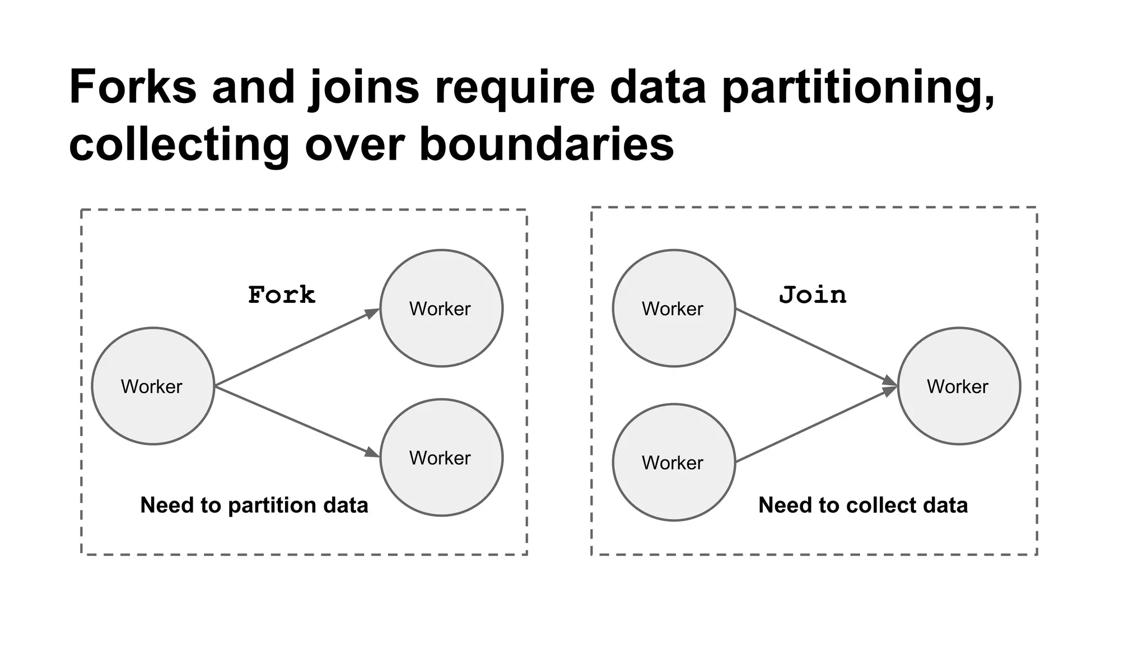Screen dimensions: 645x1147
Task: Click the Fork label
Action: (x=282, y=295)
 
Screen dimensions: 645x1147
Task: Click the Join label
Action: (x=813, y=295)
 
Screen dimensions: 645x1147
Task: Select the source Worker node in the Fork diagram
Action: (x=153, y=386)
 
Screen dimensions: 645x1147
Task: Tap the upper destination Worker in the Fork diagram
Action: (x=441, y=309)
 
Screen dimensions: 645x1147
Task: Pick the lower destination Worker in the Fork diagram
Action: (x=441, y=457)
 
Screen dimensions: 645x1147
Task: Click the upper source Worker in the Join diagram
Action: (x=674, y=309)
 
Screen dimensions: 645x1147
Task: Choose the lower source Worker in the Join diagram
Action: (x=674, y=462)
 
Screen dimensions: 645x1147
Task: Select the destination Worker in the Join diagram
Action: (x=959, y=386)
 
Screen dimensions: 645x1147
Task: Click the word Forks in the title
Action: (x=133, y=87)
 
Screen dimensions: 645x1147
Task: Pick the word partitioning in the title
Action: (x=857, y=88)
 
